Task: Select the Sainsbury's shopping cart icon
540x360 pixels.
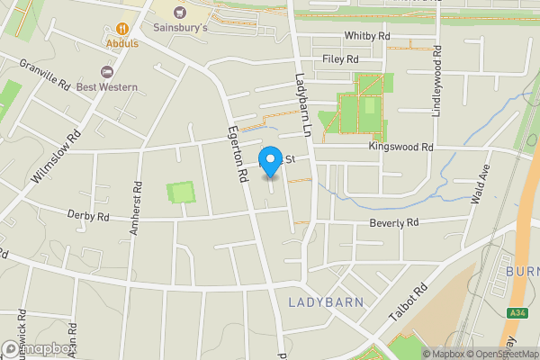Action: tap(180, 12)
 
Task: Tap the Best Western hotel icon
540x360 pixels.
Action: tap(108, 71)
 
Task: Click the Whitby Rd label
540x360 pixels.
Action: tap(367, 35)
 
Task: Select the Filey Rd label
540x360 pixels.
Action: tap(340, 58)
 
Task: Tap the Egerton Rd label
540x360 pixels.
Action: tap(238, 154)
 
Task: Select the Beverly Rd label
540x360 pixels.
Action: tap(394, 221)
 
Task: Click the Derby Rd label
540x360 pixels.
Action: tap(88, 216)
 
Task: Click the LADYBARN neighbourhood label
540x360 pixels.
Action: tap(326, 301)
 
